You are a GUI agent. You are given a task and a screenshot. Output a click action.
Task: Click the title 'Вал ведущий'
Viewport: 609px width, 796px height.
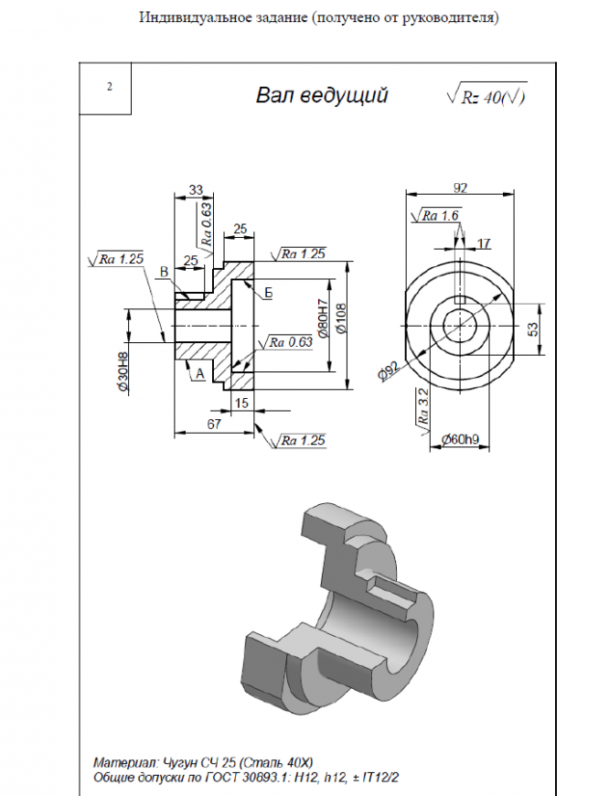point(322,95)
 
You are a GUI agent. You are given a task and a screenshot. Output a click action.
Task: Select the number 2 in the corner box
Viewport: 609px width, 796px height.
point(109,87)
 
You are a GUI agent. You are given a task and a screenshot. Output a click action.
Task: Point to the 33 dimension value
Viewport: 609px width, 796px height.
point(195,189)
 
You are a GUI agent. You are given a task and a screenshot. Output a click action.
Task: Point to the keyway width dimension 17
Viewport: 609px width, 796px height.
point(484,242)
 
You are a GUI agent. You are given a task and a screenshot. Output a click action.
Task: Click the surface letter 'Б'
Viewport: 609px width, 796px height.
point(269,292)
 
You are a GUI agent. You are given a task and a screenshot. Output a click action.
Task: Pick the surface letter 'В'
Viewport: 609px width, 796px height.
point(164,272)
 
